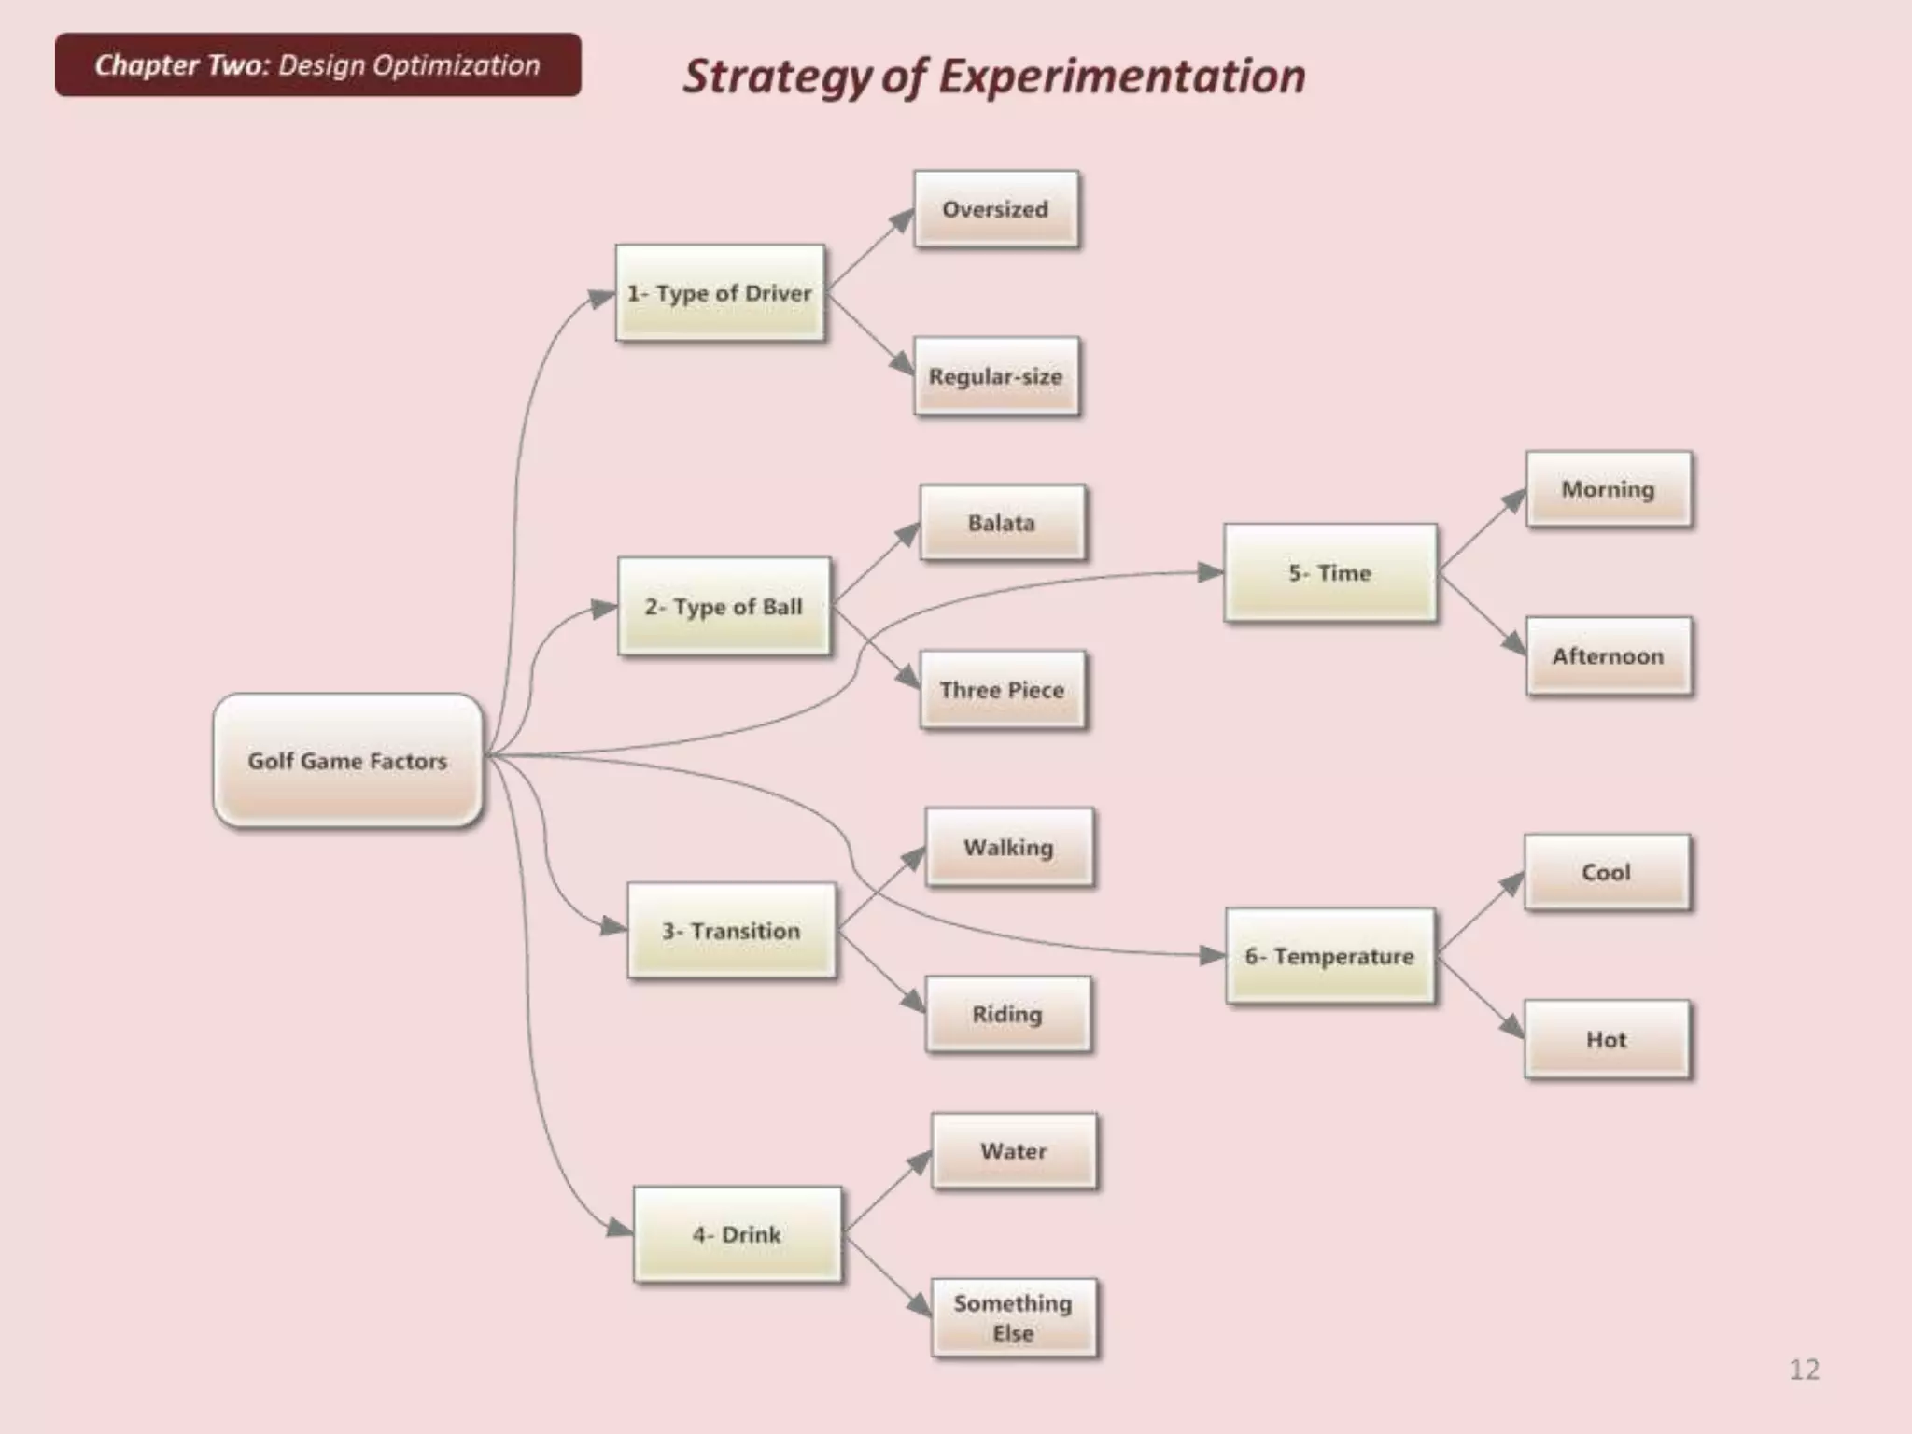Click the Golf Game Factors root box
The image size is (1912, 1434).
[x=347, y=760]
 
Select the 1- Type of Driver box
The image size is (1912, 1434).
[x=720, y=293]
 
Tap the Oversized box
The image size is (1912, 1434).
[x=995, y=209]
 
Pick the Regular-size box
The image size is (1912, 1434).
[x=996, y=376]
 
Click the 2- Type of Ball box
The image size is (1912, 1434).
[x=724, y=607]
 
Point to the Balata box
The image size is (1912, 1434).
[x=1002, y=523]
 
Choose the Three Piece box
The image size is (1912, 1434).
[x=1002, y=690]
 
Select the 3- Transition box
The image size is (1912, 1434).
[x=731, y=931]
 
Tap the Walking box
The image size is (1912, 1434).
[x=1008, y=848]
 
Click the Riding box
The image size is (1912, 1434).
[x=1007, y=1014]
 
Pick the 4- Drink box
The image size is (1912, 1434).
[x=737, y=1234]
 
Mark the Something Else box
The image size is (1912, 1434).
[x=1013, y=1317]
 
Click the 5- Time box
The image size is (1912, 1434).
[x=1329, y=573]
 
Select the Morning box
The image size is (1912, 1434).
[x=1608, y=489]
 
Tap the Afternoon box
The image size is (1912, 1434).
[x=1608, y=656]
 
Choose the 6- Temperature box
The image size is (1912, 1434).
[x=1329, y=956]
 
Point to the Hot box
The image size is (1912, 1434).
[x=1606, y=1039]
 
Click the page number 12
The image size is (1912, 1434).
[x=1804, y=1370]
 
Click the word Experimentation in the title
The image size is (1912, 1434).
[x=1121, y=77]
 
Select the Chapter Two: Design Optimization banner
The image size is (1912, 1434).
[x=317, y=65]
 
